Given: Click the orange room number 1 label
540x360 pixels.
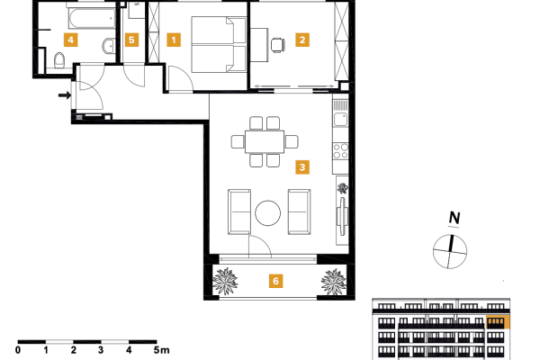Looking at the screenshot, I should tap(174, 40).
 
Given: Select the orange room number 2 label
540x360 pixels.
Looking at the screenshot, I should tap(302, 40).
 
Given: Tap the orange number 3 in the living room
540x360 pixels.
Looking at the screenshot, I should tap(302, 166).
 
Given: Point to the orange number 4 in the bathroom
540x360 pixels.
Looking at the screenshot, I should tap(69, 40).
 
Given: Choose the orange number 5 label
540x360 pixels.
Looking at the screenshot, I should tap(131, 40).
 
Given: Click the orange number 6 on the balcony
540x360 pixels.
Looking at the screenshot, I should tap(277, 281).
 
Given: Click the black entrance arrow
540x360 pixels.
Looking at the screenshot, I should tap(64, 94).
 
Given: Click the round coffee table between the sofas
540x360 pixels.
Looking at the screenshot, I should tap(269, 213).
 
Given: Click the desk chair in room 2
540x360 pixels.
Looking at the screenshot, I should tap(276, 41).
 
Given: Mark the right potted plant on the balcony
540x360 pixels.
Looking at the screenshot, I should tap(333, 282).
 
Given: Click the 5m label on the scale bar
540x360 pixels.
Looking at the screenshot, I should tap(161, 350).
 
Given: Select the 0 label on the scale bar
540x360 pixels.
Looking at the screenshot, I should tap(18, 350).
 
